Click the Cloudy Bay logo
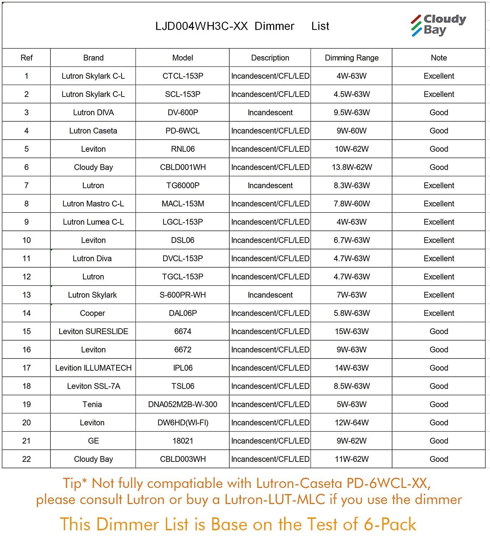(x=438, y=25)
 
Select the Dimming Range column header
(x=351, y=58)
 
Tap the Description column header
(x=270, y=58)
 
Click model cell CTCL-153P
(x=183, y=76)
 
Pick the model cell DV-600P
(x=183, y=112)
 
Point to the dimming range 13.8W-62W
(x=351, y=167)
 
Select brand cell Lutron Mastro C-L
(x=93, y=204)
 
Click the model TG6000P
(x=183, y=185)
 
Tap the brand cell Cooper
(x=92, y=313)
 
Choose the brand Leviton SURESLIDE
(x=93, y=331)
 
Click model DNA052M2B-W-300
(x=183, y=404)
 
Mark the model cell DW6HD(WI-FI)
(x=183, y=423)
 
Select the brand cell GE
(x=93, y=441)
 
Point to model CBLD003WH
(x=183, y=459)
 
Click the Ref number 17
(x=26, y=368)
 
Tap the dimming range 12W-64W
(x=351, y=423)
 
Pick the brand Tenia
(x=92, y=404)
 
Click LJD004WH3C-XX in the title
(x=201, y=26)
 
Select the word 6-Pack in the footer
(x=390, y=524)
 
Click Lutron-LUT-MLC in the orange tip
(x=275, y=499)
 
